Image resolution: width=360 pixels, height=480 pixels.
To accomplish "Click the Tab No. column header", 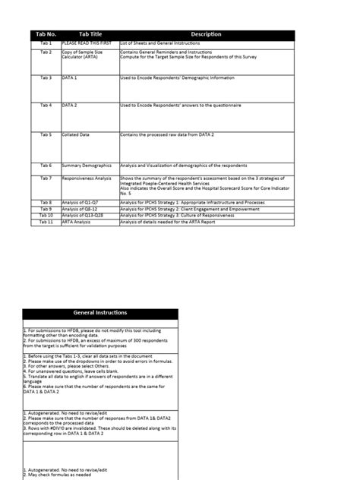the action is tap(46, 35).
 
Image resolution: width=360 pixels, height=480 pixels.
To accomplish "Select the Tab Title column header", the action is tap(90, 35).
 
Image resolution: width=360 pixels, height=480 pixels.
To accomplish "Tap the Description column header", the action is tap(206, 35).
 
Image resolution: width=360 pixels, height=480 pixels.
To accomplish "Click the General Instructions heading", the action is tap(100, 313).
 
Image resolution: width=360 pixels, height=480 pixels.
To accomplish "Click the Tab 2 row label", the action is tap(46, 52).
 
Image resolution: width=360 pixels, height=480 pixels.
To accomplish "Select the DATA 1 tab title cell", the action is tap(70, 77).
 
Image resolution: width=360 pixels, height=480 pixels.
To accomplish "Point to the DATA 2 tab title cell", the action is tap(70, 105).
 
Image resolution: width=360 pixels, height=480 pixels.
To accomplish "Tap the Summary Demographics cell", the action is tap(87, 165).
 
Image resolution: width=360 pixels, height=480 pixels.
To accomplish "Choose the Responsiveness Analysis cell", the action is tap(88, 178).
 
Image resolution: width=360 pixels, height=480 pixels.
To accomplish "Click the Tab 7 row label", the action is tap(46, 178).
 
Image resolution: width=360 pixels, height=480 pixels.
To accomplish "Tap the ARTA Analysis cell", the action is tap(76, 221).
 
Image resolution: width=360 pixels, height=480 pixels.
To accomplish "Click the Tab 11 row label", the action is tap(46, 221).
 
